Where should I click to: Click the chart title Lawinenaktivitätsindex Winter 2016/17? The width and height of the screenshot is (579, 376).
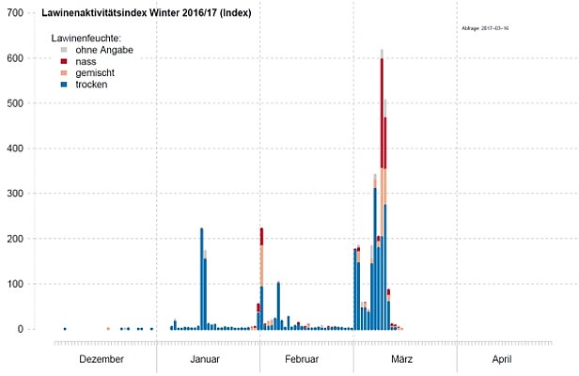(x=147, y=14)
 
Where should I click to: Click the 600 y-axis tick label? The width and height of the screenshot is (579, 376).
(x=15, y=58)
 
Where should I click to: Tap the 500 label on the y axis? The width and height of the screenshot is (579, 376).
(x=15, y=103)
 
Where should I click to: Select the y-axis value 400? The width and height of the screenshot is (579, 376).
(x=15, y=149)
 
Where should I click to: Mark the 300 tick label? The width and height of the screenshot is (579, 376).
(x=15, y=194)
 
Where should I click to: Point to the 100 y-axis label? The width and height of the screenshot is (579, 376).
(x=15, y=284)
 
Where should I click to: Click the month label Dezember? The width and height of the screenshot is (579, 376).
(x=101, y=360)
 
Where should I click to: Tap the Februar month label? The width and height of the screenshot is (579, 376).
(x=303, y=360)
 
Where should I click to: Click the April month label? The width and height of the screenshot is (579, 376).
(x=501, y=360)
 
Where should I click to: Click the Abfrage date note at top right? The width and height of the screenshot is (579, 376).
(x=485, y=29)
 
